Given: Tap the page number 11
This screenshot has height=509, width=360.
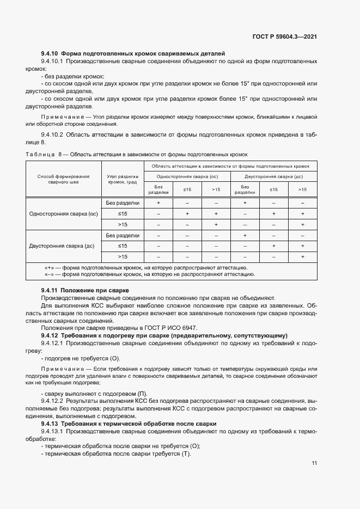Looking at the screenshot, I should pos(314,463).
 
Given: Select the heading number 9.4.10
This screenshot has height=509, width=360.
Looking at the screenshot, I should pos(50,53).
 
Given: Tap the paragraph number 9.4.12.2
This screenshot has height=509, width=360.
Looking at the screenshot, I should pos(52,399).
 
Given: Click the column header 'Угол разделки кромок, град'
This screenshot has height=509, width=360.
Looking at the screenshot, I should pos(123,179).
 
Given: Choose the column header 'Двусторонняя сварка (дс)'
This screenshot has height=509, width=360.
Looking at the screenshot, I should pos(273,176).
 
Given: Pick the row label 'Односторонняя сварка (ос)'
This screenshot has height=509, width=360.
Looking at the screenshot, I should pos(63,213).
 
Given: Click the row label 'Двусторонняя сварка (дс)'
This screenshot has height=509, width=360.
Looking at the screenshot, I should pos(63,246).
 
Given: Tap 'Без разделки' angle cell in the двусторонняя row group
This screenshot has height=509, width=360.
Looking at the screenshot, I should pos(123,235).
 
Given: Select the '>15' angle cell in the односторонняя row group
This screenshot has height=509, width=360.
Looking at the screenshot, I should pos(123,224).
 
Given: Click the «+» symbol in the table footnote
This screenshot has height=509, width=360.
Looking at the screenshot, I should pos(49,268).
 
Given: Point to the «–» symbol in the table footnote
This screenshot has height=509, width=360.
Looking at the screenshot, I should pos(49,274).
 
